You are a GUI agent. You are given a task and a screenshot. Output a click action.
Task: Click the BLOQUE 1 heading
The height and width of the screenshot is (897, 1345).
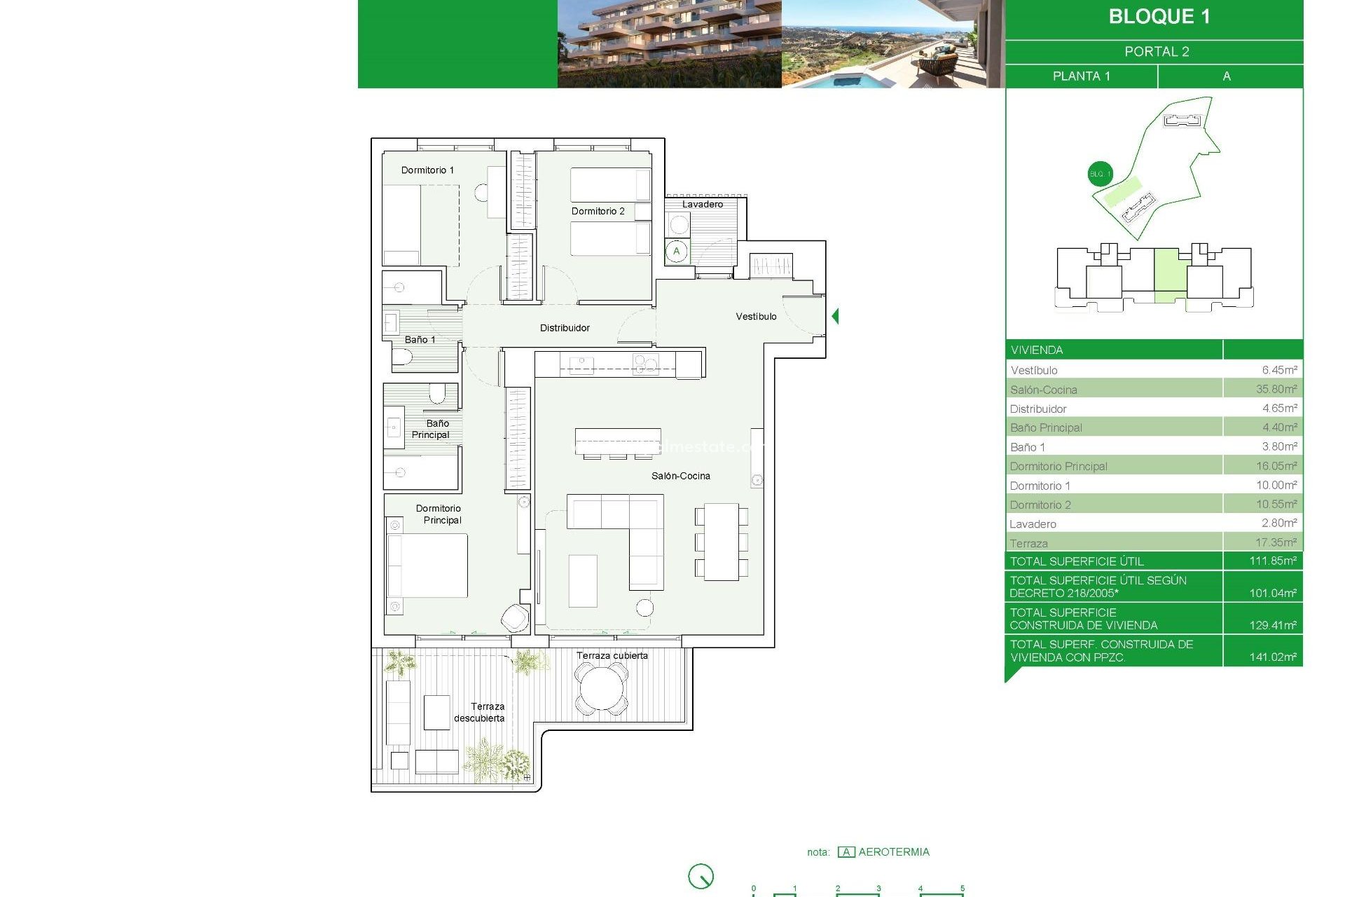[1159, 17]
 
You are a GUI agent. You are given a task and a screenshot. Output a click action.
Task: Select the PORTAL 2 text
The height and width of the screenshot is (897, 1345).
[1157, 52]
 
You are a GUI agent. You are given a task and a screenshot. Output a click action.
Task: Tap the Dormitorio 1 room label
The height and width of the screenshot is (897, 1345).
[427, 170]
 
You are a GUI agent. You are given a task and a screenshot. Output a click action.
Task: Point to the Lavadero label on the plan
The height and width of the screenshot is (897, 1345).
[703, 205]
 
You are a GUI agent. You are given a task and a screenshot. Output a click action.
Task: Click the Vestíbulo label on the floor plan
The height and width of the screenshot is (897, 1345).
[756, 317]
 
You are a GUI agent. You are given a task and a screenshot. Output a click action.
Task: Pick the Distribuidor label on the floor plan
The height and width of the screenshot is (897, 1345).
[565, 328]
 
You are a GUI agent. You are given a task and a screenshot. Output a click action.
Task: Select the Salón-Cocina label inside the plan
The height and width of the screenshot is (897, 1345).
[680, 476]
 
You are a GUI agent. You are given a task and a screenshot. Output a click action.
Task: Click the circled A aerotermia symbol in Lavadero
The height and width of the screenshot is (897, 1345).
[677, 252]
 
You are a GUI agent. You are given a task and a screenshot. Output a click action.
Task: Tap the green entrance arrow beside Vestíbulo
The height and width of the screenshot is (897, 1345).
[835, 316]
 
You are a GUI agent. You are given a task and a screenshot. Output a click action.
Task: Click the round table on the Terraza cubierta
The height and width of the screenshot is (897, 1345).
[601, 689]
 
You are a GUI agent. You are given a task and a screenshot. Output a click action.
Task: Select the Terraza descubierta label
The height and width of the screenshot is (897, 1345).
[480, 712]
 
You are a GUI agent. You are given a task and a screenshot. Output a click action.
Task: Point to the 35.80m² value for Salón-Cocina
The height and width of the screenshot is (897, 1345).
[1276, 389]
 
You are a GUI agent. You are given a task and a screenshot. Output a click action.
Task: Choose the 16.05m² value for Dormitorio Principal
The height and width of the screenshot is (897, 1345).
[1276, 466]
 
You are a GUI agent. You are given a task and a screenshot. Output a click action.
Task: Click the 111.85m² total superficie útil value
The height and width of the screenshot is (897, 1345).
[1272, 561]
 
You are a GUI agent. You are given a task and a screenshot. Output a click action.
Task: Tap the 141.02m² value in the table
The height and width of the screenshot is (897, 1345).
[1272, 657]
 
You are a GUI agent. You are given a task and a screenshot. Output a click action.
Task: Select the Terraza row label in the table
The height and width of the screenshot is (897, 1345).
[1028, 544]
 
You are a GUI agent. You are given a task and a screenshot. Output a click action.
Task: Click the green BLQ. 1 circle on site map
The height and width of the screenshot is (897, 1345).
[1100, 174]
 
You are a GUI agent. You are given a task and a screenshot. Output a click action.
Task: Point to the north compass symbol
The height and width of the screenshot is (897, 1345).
[701, 876]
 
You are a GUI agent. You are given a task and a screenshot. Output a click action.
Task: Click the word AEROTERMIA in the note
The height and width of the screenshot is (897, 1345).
[894, 852]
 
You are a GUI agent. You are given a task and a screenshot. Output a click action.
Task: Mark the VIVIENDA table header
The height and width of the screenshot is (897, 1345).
[1037, 350]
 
